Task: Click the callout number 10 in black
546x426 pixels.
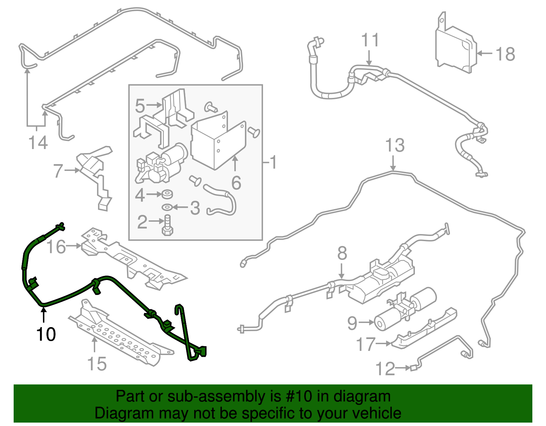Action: pyautogui.click(x=46, y=334)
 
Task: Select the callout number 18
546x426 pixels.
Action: pyautogui.click(x=505, y=54)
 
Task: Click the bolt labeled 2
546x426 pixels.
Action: pyautogui.click(x=168, y=225)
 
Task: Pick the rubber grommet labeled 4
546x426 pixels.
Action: pyautogui.click(x=167, y=194)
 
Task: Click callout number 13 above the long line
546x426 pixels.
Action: pyautogui.click(x=395, y=145)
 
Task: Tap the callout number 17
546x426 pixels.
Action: pyautogui.click(x=365, y=344)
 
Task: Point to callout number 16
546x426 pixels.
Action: pyautogui.click(x=56, y=247)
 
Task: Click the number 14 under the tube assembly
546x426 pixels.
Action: pyautogui.click(x=38, y=142)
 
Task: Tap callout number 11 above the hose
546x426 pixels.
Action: pyautogui.click(x=370, y=40)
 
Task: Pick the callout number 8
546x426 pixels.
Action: pyautogui.click(x=342, y=253)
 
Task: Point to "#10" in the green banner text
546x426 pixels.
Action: pyautogui.click(x=297, y=396)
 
